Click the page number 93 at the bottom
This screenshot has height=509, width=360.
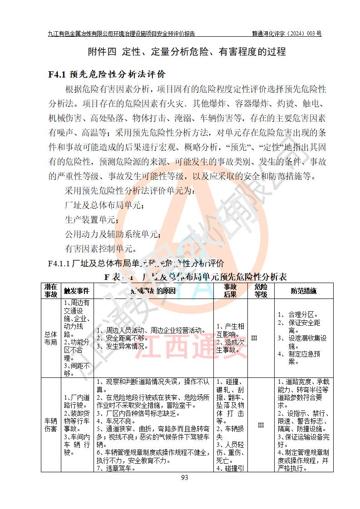pyautogui.click(x=184, y=477)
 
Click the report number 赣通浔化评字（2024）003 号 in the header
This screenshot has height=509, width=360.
pyautogui.click(x=287, y=34)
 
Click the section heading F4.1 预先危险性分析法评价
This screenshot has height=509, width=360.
pyautogui.click(x=107, y=74)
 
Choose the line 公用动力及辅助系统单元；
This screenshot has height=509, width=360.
pyautogui.click(x=113, y=234)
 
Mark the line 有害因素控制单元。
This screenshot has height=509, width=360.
pyautogui.click(x=100, y=249)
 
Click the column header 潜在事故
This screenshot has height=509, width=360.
pyautogui.click(x=50, y=290)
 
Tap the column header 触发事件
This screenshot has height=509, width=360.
pyautogui.click(x=77, y=291)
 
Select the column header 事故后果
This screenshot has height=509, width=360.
pyautogui.click(x=230, y=290)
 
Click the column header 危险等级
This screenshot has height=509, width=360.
pyautogui.click(x=261, y=290)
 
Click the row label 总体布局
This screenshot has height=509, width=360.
pyautogui.click(x=50, y=338)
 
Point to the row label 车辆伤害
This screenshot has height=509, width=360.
pyautogui.click(x=50, y=425)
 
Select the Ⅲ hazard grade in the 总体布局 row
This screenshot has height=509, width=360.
pyautogui.click(x=254, y=338)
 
